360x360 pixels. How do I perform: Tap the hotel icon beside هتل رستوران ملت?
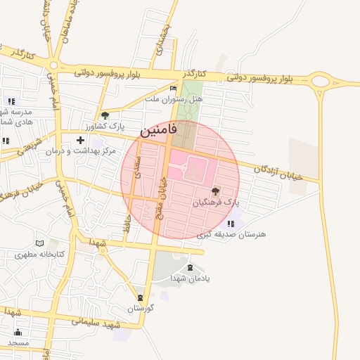[x=174, y=88]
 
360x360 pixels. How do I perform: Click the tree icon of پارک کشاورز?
[x=105, y=115]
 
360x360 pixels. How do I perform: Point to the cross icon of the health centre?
[x=80, y=140]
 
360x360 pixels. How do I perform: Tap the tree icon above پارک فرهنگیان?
[x=215, y=191]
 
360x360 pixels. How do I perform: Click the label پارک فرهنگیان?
[x=216, y=202]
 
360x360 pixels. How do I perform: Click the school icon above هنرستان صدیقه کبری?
[x=231, y=224]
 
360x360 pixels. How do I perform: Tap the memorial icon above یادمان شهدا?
[x=190, y=267]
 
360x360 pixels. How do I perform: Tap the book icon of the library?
[x=48, y=243]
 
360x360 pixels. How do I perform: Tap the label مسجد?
[x=18, y=342]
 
